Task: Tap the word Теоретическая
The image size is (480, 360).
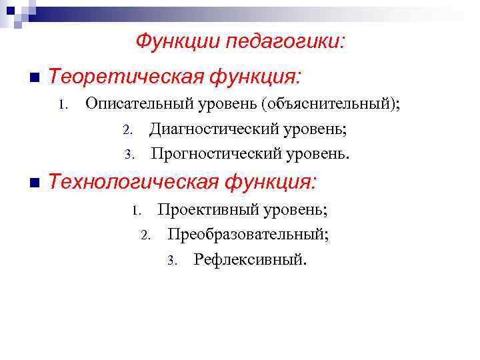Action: coord(126,78)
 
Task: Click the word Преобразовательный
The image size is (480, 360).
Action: coord(248,234)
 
